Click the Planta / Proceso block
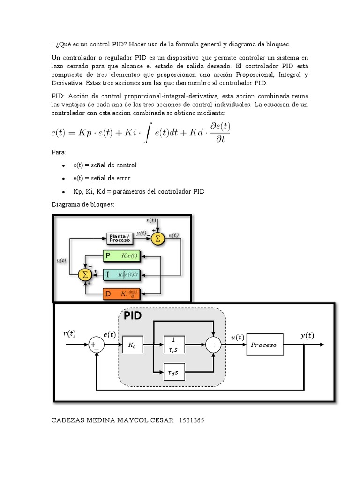120,238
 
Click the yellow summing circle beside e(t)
157,238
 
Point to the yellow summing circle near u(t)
85,274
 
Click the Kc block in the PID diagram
132,345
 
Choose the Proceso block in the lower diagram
265,345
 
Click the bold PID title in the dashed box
133,315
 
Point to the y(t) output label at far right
307,335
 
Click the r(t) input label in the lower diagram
69,334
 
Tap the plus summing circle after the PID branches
213,345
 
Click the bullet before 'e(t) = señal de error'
62,179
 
